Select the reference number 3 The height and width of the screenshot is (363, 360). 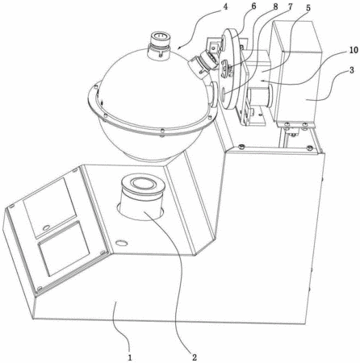(x=352, y=71)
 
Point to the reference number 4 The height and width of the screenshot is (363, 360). (x=225, y=6)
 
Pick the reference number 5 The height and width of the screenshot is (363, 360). (x=308, y=8)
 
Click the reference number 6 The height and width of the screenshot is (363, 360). (x=253, y=6)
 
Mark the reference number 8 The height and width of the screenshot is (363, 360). (x=274, y=7)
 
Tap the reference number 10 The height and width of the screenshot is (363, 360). (x=354, y=50)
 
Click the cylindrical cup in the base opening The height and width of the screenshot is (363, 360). (x=141, y=198)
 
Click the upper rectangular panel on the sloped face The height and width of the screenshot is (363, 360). (x=50, y=207)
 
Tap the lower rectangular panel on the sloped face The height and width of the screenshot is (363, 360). (x=64, y=248)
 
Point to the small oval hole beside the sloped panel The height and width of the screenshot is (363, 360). (x=121, y=243)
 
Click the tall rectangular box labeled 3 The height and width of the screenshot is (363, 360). (x=297, y=73)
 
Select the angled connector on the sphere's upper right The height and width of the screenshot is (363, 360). (x=203, y=65)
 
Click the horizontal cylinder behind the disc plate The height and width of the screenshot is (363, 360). (x=261, y=96)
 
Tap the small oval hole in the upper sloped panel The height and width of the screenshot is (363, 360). (x=47, y=227)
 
